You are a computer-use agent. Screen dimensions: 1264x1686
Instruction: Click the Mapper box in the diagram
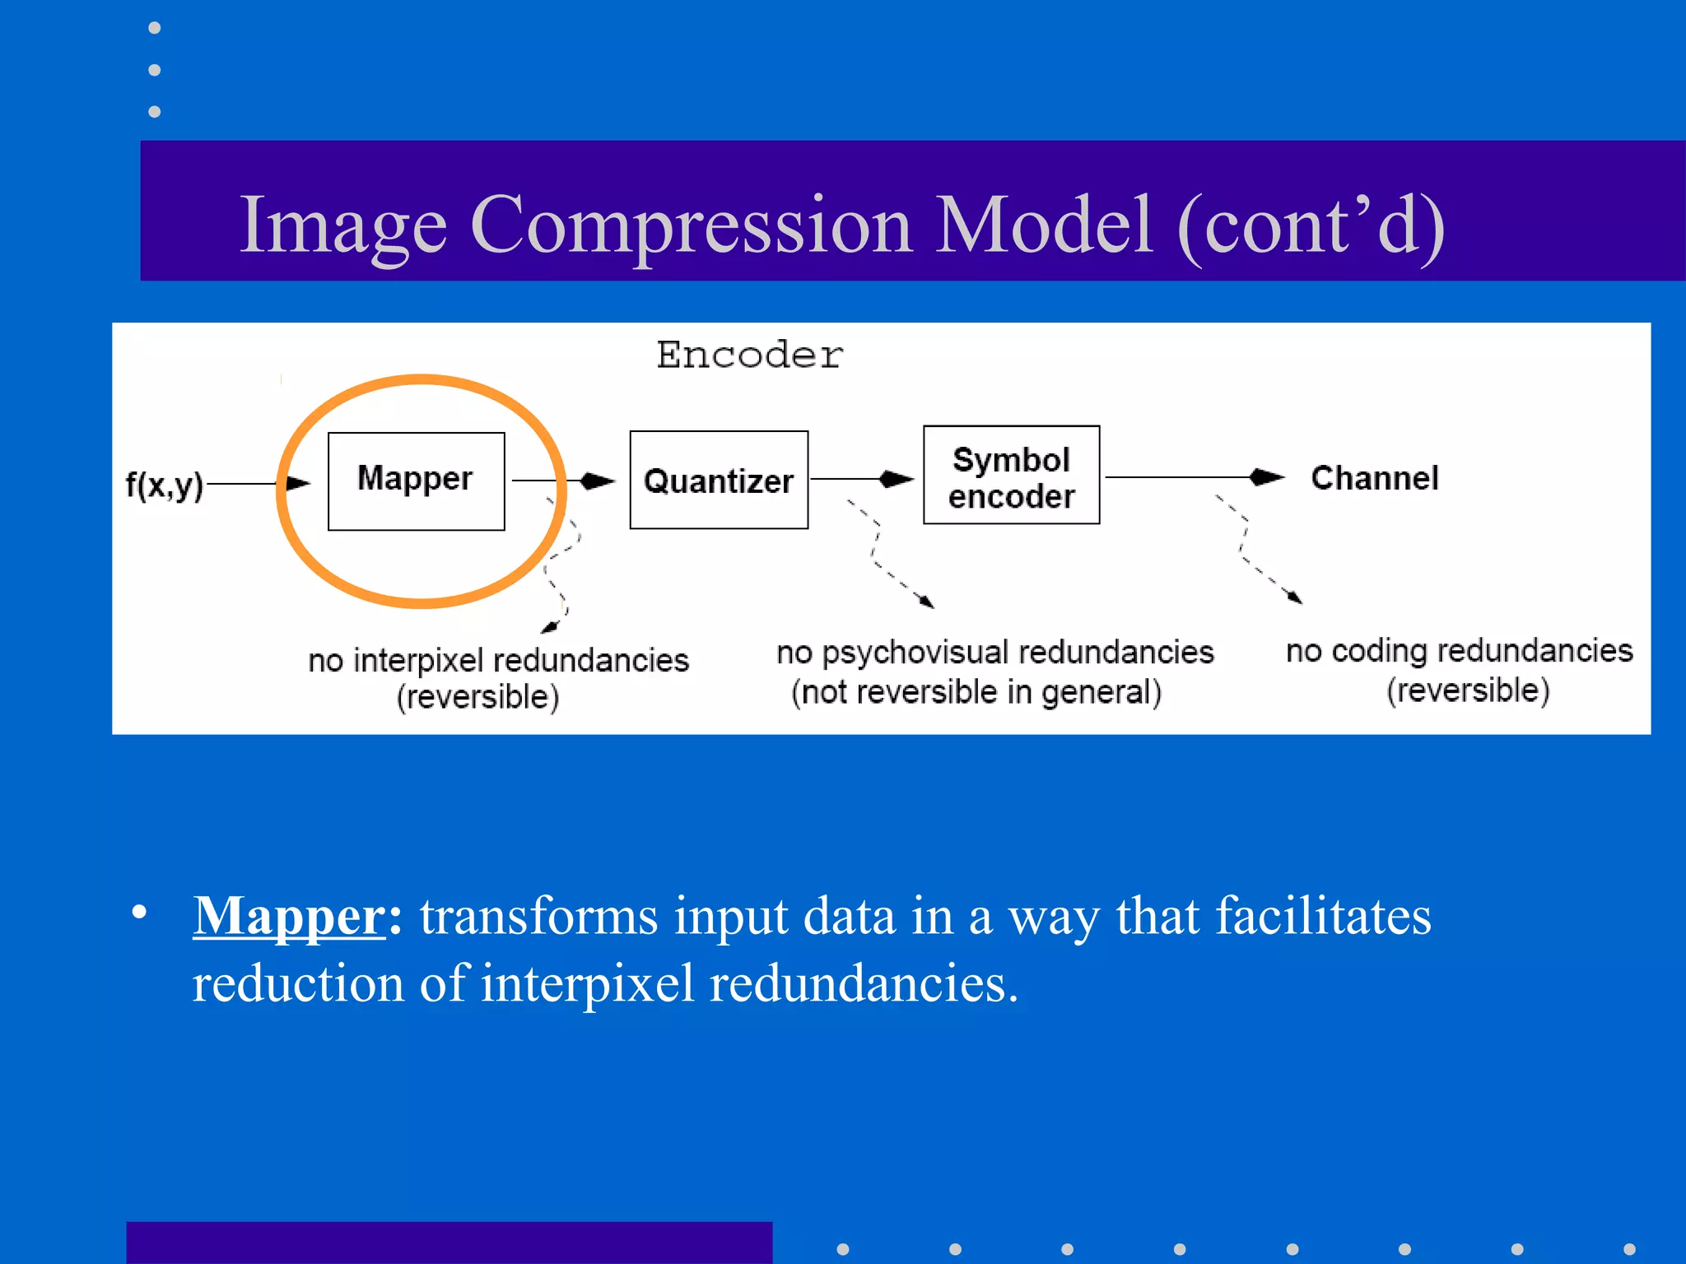[x=416, y=481]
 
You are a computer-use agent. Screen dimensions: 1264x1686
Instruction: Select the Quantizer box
[x=719, y=480]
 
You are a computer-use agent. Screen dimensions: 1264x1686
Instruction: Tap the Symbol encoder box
[x=1011, y=475]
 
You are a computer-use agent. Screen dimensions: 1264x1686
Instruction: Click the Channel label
[x=1374, y=478]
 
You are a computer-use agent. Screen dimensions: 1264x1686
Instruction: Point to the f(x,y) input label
[x=164, y=485]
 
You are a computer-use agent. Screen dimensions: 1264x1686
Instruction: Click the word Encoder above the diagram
[x=749, y=355]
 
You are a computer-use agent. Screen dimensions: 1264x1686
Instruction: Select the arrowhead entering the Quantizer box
[x=598, y=481]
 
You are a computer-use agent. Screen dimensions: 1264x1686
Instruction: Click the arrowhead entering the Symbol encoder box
[x=897, y=479]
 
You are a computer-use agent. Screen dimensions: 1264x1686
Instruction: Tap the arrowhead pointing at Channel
[x=1267, y=476]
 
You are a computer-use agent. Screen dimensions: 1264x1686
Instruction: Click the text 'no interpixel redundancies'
[x=498, y=660]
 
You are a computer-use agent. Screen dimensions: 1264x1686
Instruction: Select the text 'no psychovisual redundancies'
[x=994, y=652]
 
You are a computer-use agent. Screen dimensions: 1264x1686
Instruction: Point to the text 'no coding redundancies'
[x=1459, y=650]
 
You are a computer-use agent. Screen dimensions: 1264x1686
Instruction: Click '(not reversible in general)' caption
[x=976, y=692]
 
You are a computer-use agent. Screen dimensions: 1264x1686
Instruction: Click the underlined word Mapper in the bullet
[x=289, y=916]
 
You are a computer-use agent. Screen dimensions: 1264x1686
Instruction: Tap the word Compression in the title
[x=691, y=225]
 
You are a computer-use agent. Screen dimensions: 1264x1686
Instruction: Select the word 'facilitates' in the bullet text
[x=1323, y=916]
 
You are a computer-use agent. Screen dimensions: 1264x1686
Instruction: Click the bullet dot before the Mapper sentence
[x=139, y=912]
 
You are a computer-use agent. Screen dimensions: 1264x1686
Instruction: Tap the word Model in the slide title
[x=1043, y=225]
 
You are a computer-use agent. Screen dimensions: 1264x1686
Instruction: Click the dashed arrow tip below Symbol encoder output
[x=1296, y=599]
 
